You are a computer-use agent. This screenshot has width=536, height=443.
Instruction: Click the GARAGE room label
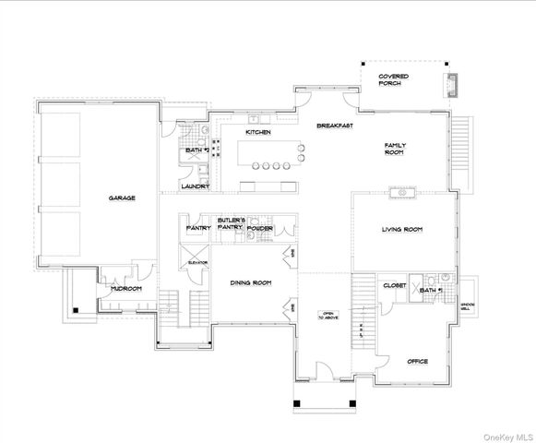point(123,198)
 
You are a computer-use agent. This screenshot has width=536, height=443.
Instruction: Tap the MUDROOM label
point(126,289)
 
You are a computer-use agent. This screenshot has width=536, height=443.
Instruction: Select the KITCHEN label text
point(257,133)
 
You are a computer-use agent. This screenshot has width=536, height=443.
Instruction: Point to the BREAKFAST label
point(334,126)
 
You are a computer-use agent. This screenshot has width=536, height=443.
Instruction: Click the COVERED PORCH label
point(394,80)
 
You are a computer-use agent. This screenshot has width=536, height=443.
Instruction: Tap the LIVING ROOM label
point(402,229)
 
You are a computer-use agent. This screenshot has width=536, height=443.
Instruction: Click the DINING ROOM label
point(250,283)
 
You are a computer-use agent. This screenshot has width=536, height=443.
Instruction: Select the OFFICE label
point(418,361)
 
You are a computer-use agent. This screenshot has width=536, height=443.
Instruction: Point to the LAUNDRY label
point(195,186)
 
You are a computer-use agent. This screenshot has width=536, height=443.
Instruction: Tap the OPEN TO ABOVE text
point(327,315)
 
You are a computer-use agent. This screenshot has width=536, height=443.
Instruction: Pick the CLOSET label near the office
point(395,286)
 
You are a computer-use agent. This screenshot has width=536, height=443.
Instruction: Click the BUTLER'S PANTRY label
point(230,223)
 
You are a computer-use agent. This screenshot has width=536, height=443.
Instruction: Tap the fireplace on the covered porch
point(452,84)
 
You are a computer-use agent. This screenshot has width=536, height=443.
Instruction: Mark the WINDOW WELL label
point(467,305)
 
